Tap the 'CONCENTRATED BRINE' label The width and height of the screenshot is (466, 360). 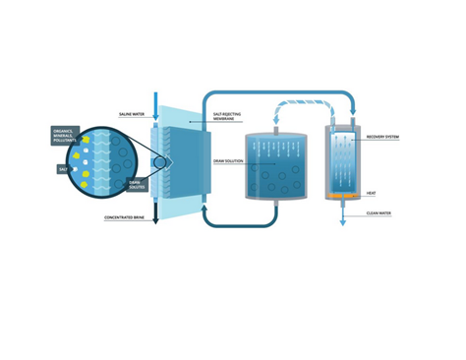(x=127, y=216)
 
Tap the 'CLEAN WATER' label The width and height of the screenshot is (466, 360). (x=380, y=212)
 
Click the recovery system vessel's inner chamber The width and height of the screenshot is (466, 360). (x=343, y=157)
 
